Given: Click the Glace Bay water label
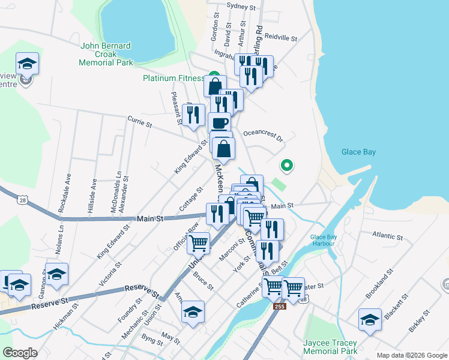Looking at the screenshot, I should click(358, 152).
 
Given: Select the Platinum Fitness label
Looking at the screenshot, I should click(174, 78).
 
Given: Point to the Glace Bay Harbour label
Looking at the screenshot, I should click(324, 240).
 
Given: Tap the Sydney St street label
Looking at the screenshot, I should click(241, 7).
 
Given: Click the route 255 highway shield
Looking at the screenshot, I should click(282, 306).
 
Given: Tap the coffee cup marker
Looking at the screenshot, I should click(220, 123).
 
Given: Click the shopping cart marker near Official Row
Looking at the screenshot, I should click(199, 244).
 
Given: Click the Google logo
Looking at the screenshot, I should click(20, 353).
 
